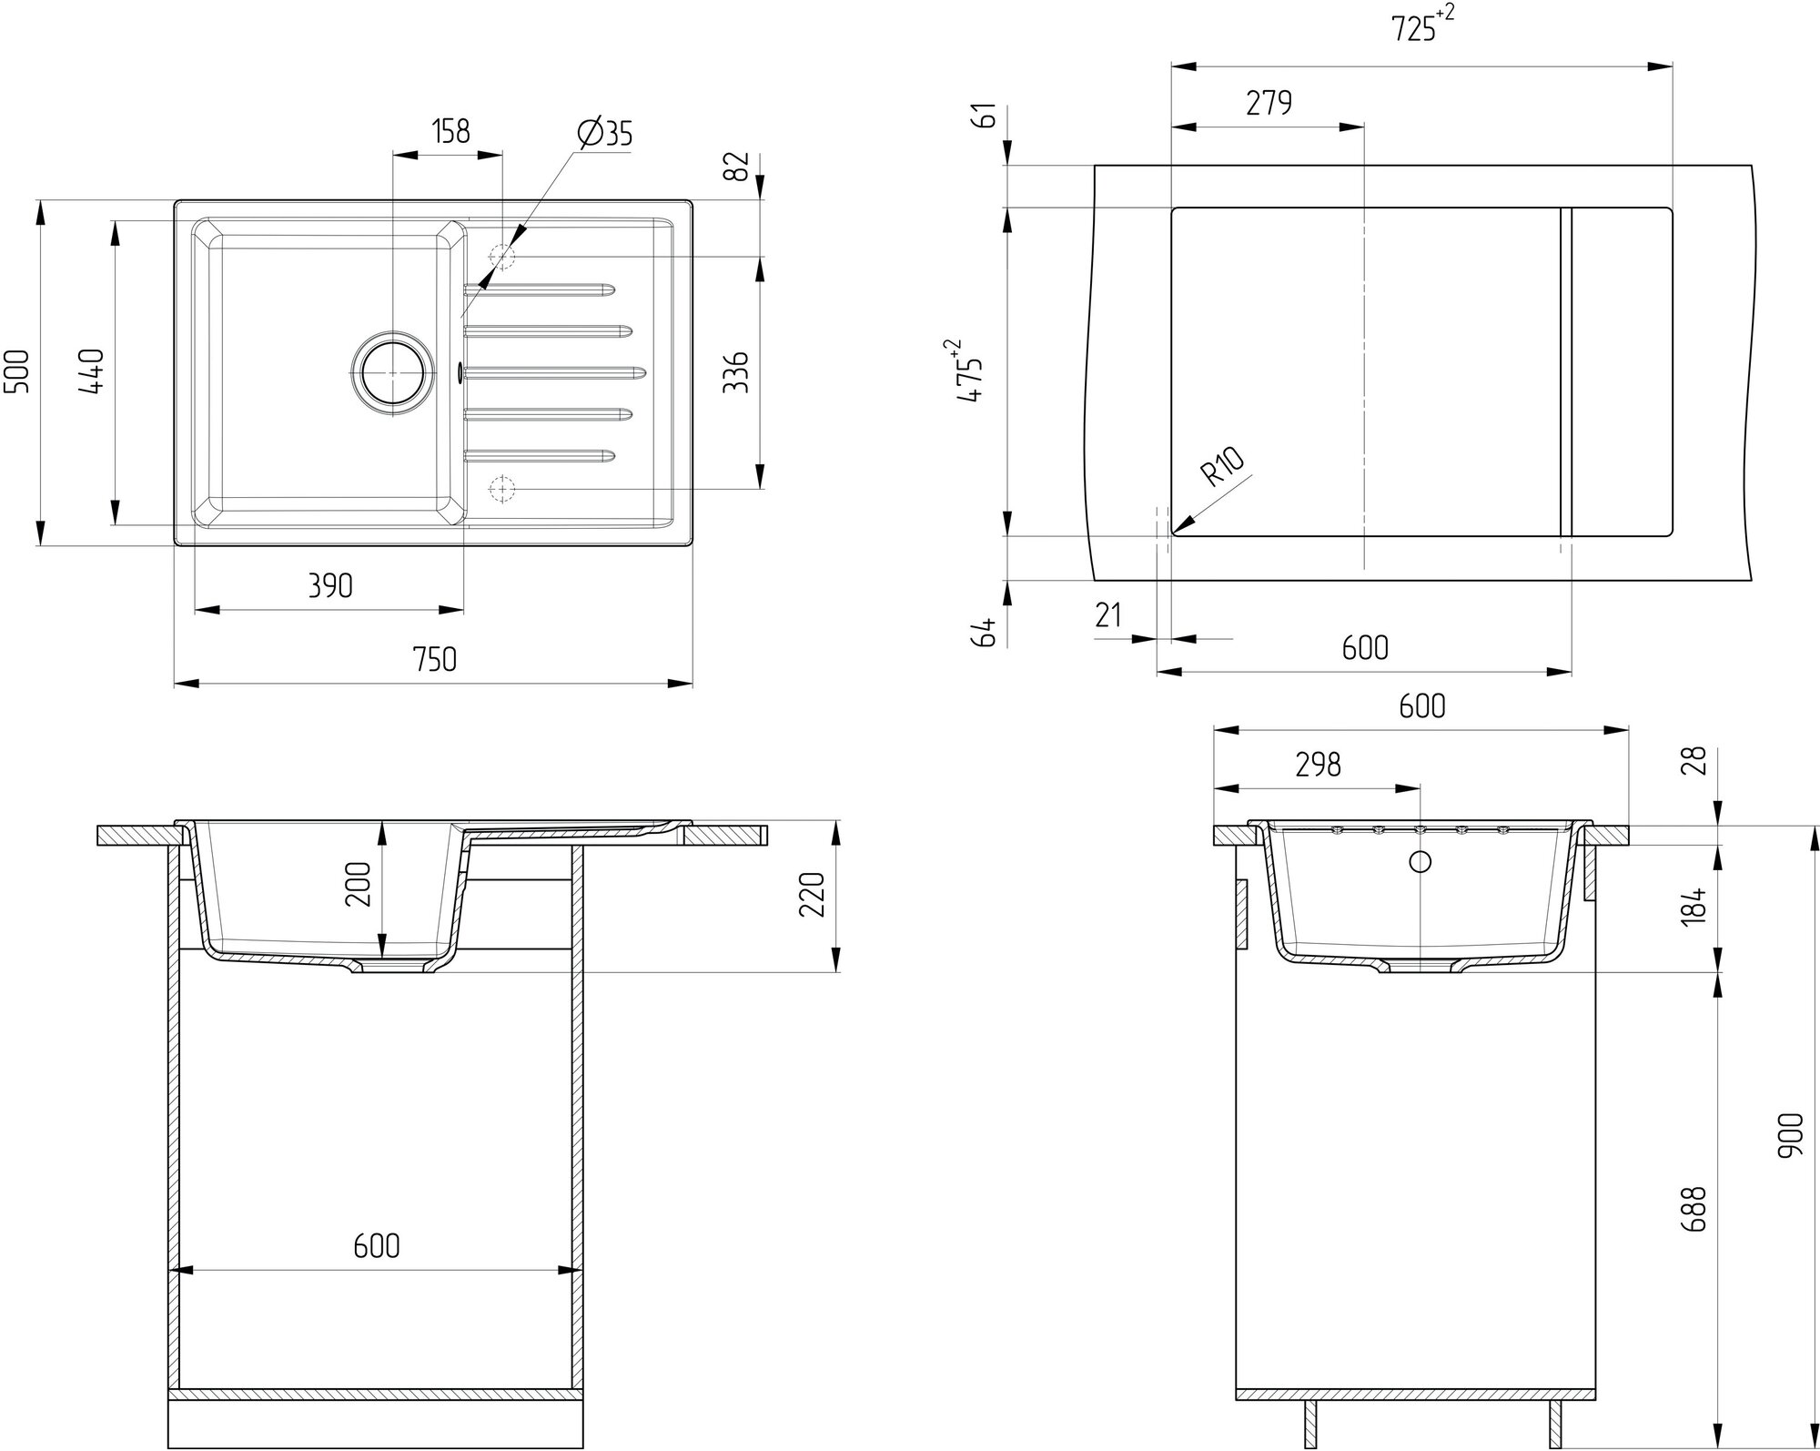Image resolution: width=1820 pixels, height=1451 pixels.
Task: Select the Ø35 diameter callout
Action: (x=604, y=134)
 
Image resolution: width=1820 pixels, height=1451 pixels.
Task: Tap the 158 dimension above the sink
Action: (x=450, y=132)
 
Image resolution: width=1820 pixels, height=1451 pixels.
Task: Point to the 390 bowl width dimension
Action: (x=329, y=585)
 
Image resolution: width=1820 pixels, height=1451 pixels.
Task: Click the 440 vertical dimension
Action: (x=93, y=371)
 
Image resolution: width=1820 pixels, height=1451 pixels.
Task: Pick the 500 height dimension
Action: (x=19, y=371)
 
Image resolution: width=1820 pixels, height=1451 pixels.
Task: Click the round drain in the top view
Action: (x=392, y=373)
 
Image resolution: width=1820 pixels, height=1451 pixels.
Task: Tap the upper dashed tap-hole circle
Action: (x=501, y=257)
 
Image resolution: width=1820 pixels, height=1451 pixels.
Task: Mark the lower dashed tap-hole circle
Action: (x=501, y=489)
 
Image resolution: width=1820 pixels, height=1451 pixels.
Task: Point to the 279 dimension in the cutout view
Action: (x=1269, y=104)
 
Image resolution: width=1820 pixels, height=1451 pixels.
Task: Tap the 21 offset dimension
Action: (x=1107, y=616)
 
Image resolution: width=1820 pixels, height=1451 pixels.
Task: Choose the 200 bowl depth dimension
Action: (x=359, y=884)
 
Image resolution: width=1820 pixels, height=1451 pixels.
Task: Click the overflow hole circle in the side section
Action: (x=1420, y=860)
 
